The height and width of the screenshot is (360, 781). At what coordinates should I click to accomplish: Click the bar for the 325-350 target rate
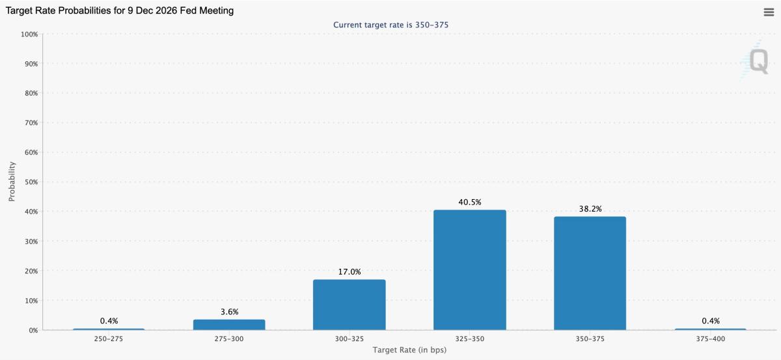pyautogui.click(x=469, y=270)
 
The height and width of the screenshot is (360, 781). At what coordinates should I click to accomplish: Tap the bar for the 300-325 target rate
pyautogui.click(x=349, y=305)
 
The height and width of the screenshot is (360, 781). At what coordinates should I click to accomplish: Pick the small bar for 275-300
pyautogui.click(x=229, y=324)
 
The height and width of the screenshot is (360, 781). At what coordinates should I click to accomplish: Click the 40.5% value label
pyautogui.click(x=469, y=202)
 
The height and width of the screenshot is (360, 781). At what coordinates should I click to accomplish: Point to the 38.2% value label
pyautogui.click(x=590, y=209)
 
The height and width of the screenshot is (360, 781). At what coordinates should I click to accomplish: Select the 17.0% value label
pyautogui.click(x=349, y=272)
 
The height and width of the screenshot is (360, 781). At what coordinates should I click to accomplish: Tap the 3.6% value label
pyautogui.click(x=229, y=312)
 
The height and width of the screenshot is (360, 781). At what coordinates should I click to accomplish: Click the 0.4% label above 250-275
pyautogui.click(x=109, y=321)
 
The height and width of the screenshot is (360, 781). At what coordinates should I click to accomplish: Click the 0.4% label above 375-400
pyautogui.click(x=710, y=321)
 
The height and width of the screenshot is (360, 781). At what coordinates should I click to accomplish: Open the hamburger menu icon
pyautogui.click(x=768, y=12)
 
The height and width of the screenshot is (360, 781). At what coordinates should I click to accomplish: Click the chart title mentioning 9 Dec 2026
pyautogui.click(x=120, y=11)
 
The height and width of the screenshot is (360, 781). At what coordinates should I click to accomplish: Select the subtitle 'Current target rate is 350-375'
pyautogui.click(x=390, y=25)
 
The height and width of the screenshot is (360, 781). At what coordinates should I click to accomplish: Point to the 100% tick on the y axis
pyautogui.click(x=30, y=34)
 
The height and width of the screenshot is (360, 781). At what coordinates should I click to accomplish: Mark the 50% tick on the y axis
pyautogui.click(x=31, y=182)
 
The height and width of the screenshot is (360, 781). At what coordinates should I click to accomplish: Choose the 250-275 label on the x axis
pyautogui.click(x=109, y=339)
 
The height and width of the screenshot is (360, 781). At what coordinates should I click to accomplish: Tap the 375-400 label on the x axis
pyautogui.click(x=710, y=339)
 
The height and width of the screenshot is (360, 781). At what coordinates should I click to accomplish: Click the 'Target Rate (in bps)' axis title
pyautogui.click(x=409, y=350)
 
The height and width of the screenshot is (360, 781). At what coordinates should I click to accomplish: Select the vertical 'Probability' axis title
pyautogui.click(x=12, y=182)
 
